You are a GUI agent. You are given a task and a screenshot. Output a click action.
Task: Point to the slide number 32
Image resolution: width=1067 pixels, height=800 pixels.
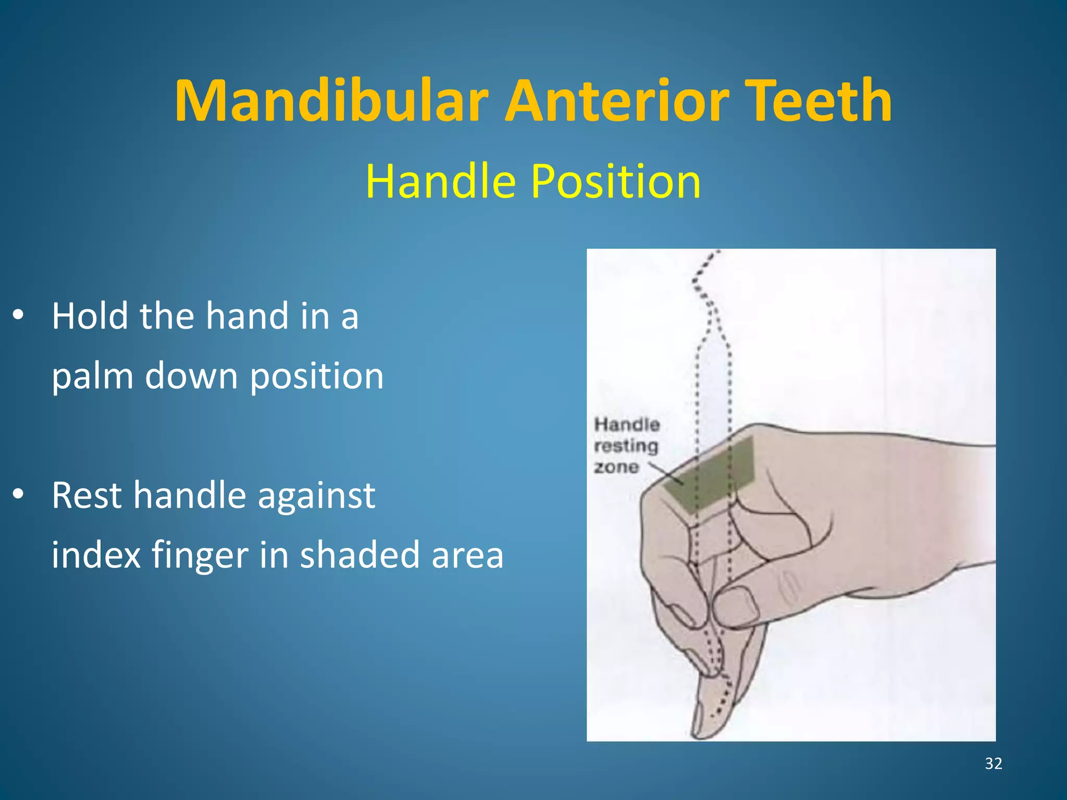[993, 764]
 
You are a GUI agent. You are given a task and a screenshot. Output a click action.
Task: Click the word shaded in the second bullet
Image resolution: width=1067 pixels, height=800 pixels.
[359, 555]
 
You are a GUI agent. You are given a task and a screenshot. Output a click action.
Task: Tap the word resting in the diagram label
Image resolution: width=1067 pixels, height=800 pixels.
[626, 446]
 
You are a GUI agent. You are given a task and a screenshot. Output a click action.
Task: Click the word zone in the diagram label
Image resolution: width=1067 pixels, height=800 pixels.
[616, 467]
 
